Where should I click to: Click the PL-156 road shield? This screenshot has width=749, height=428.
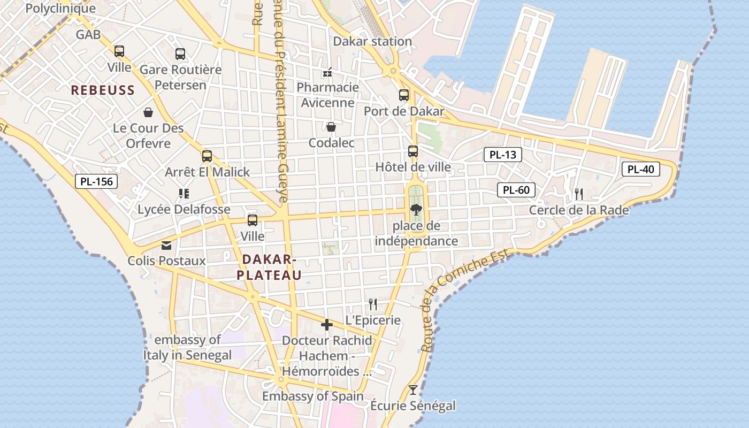pyautogui.click(x=96, y=181)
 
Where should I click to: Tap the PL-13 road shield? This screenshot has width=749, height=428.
pyautogui.click(x=503, y=155)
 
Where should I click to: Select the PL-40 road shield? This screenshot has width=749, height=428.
pyautogui.click(x=641, y=170)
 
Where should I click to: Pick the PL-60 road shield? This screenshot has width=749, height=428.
pyautogui.click(x=516, y=190)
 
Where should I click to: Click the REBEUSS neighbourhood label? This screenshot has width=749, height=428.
pyautogui.click(x=103, y=90)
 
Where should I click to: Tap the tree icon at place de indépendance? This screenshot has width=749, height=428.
pyautogui.click(x=416, y=209)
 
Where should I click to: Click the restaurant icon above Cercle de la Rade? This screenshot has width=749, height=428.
pyautogui.click(x=579, y=194)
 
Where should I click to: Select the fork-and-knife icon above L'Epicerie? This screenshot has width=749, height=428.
pyautogui.click(x=373, y=304)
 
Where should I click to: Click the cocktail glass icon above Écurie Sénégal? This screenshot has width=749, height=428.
pyautogui.click(x=413, y=389)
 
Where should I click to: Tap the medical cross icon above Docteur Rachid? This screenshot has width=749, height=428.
pyautogui.click(x=327, y=325)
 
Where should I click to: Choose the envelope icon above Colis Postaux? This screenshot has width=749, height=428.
pyautogui.click(x=166, y=245)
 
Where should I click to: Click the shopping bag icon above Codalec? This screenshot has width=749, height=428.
pyautogui.click(x=331, y=127)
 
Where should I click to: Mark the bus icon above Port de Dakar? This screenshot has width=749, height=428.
pyautogui.click(x=404, y=95)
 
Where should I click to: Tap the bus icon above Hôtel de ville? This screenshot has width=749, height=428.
pyautogui.click(x=413, y=151)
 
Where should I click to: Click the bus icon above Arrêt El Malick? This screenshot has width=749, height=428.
pyautogui.click(x=207, y=156)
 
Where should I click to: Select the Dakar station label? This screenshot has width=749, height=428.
pyautogui.click(x=372, y=41)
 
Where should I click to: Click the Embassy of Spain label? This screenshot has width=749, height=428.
pyautogui.click(x=312, y=396)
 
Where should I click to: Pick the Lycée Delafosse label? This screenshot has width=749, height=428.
pyautogui.click(x=184, y=209)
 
